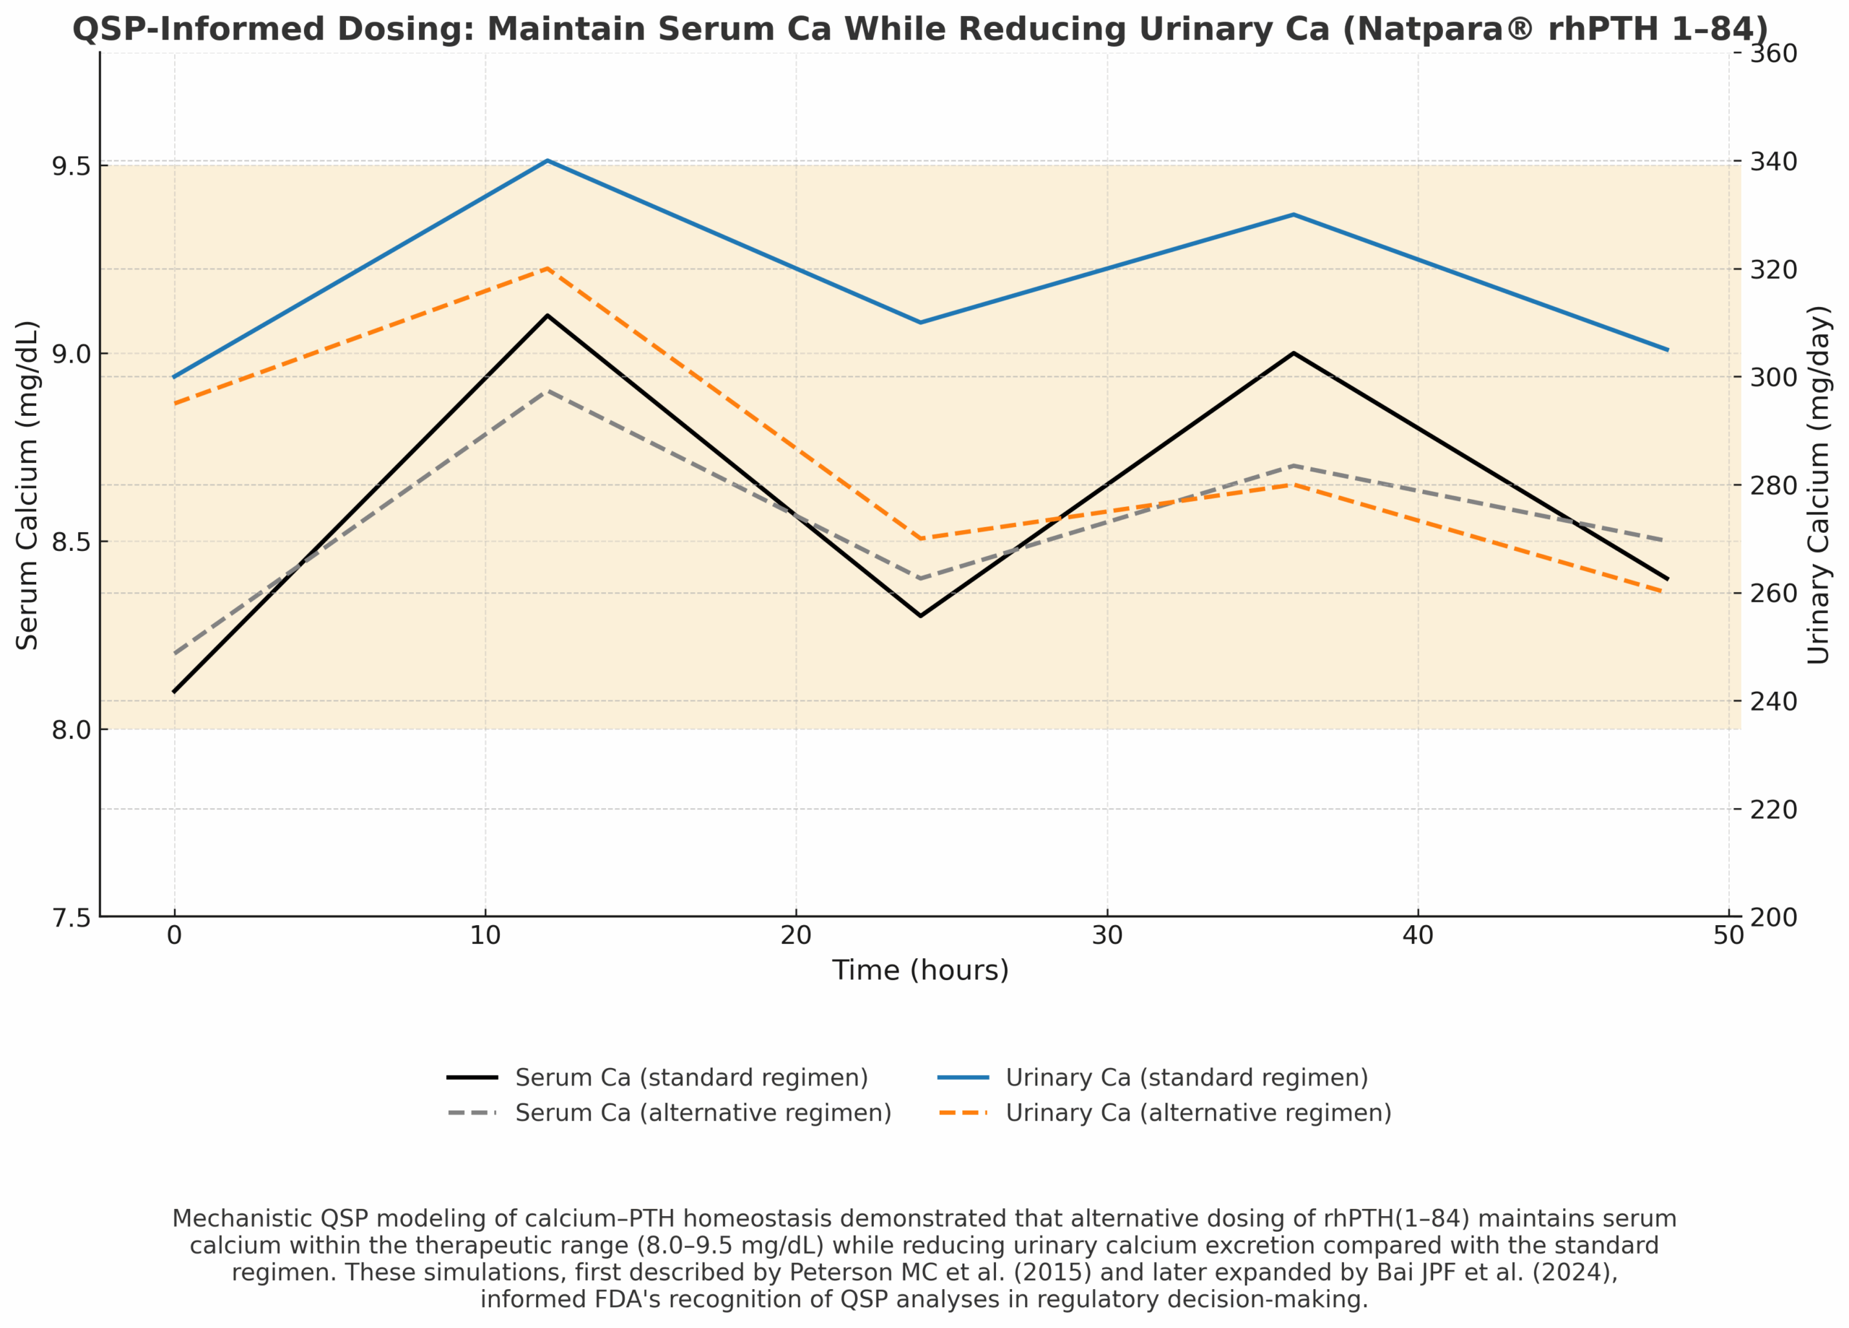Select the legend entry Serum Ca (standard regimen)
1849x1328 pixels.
pyautogui.click(x=691, y=1077)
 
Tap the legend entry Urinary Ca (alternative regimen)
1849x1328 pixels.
pyautogui.click(x=1198, y=1113)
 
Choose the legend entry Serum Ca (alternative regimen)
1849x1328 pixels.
pyautogui.click(x=703, y=1113)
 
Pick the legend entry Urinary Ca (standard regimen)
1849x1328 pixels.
pyautogui.click(x=1186, y=1077)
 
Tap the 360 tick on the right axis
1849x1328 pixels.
pyautogui.click(x=1774, y=53)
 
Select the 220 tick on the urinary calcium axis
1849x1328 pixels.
pyautogui.click(x=1774, y=810)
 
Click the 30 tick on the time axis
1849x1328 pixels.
pyautogui.click(x=1107, y=936)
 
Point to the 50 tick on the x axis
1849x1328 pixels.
pyautogui.click(x=1728, y=936)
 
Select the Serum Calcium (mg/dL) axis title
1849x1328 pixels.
pyautogui.click(x=27, y=485)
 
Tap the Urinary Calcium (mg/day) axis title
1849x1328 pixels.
pyautogui.click(x=1819, y=485)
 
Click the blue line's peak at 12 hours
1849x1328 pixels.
pyautogui.click(x=547, y=160)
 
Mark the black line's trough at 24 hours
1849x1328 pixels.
pyautogui.click(x=920, y=616)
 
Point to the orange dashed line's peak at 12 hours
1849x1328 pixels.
pyautogui.click(x=547, y=268)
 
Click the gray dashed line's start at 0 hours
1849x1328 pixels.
pyautogui.click(x=175, y=654)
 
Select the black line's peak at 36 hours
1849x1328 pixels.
pyautogui.click(x=1294, y=353)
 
